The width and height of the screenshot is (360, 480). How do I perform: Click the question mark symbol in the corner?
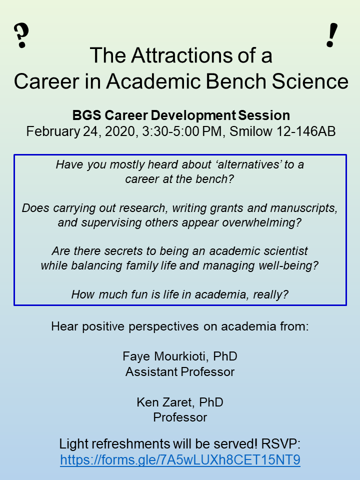tap(21, 36)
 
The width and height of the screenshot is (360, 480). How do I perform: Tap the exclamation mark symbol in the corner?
tap(332, 35)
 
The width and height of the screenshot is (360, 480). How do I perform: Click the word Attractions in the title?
tap(180, 55)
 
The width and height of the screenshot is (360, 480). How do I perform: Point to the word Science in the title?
tap(310, 81)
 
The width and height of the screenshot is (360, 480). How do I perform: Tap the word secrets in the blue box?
tap(123, 251)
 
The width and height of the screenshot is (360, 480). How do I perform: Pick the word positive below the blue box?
tap(103, 326)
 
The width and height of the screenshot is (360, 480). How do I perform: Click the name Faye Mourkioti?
tap(164, 356)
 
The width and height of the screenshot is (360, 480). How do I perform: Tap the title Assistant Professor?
tap(180, 372)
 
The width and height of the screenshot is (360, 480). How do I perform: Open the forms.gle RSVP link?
tap(180, 460)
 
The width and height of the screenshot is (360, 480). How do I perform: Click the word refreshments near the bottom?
tap(131, 444)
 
